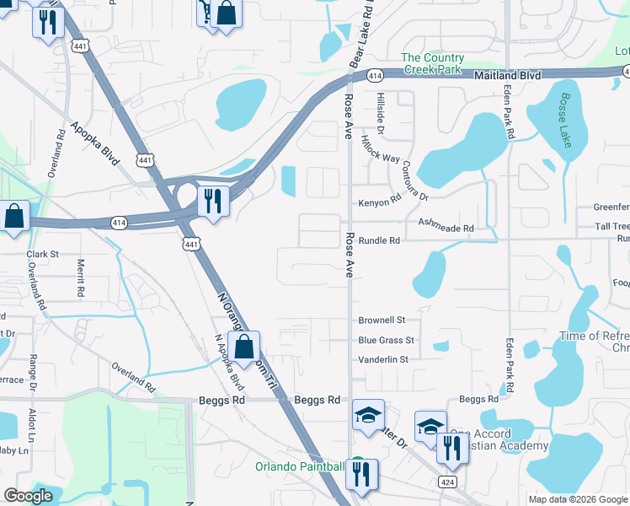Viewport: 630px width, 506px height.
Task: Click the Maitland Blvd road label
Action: (507, 75)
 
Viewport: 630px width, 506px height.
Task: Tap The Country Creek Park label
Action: (432, 63)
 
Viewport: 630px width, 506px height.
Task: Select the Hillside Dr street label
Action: (380, 114)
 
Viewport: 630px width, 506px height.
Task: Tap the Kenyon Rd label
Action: (378, 202)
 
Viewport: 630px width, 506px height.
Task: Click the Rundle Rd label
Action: (379, 240)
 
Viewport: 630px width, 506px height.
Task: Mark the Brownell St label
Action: (382, 320)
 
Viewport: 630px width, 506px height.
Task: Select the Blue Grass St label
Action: (386, 340)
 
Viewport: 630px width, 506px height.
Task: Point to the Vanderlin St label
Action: (382, 359)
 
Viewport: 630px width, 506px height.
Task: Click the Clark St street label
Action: (42, 253)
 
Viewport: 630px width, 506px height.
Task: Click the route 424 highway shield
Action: (446, 480)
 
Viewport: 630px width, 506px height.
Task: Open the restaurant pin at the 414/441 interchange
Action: (211, 201)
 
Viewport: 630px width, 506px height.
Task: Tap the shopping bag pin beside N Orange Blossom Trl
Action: (243, 346)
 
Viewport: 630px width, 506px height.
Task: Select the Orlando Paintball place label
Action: (301, 466)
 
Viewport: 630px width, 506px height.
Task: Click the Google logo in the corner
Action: (28, 496)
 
